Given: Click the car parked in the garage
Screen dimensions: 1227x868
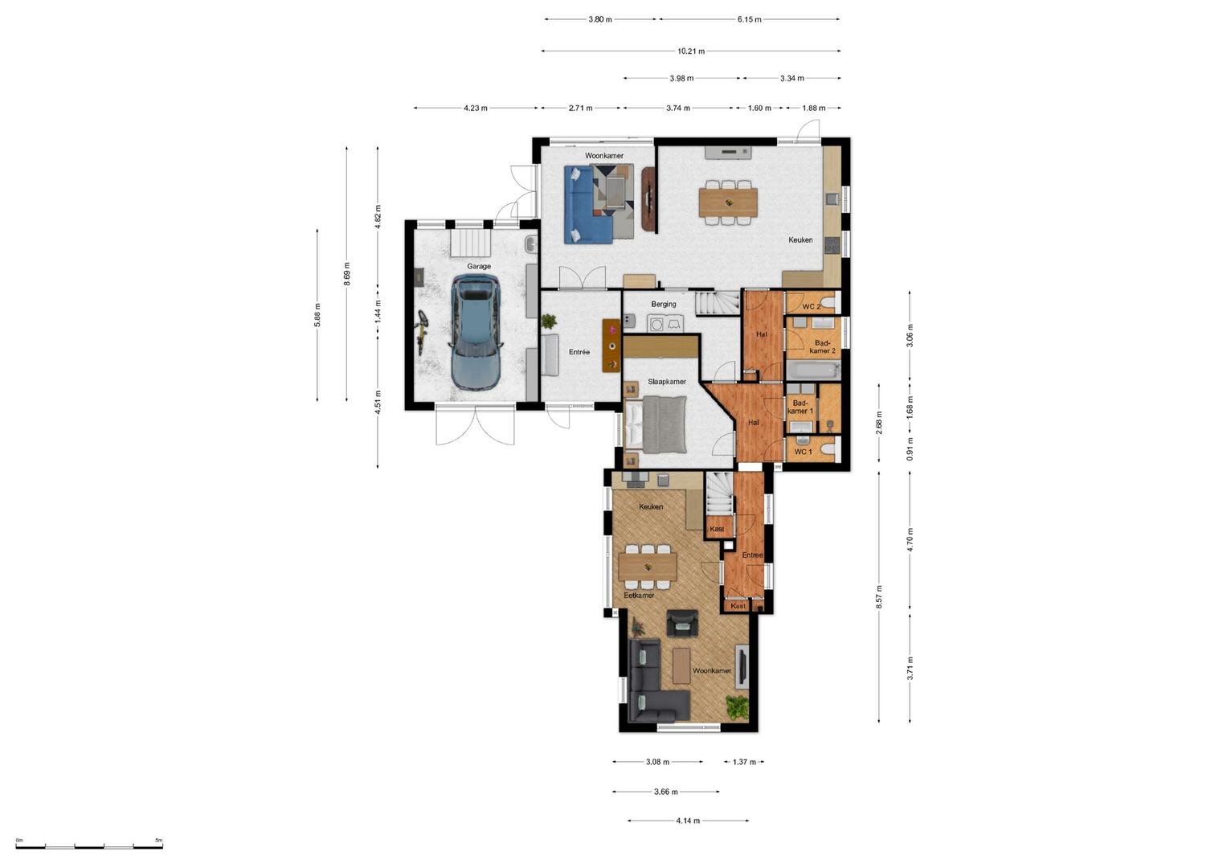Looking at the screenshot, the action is [476, 332].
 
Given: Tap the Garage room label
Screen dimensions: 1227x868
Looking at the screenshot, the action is [479, 266].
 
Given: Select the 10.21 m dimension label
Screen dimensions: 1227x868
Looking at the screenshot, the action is [691, 51].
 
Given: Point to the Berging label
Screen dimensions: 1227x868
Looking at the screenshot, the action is [664, 304].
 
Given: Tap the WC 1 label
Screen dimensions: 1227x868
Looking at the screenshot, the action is [803, 452].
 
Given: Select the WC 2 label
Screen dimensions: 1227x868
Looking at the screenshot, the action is [812, 307].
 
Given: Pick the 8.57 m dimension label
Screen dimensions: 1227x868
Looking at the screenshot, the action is [879, 596].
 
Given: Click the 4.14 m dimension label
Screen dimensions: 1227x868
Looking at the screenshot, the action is [688, 821].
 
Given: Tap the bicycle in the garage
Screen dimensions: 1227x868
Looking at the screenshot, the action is [421, 333].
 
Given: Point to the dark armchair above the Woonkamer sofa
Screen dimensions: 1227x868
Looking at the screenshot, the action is [682, 624].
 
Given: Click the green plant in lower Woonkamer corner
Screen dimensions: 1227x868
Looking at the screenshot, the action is [737, 707].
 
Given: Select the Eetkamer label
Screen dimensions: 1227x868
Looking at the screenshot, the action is [640, 595].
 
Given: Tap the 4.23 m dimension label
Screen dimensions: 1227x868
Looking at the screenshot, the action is [476, 108].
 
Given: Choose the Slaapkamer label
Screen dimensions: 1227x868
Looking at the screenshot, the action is [667, 382].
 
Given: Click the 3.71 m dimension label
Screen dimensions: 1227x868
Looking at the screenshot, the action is [910, 668].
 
